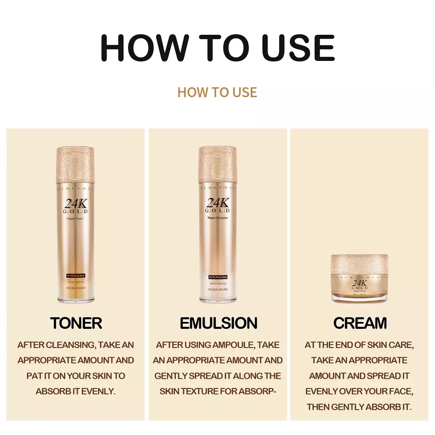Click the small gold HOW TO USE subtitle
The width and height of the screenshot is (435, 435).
[x=217, y=92]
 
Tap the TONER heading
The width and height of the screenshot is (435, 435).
[x=76, y=323]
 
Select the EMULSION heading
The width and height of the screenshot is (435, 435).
[x=218, y=323]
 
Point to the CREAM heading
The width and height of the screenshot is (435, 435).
[x=360, y=323]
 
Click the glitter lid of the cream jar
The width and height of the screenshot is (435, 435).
[x=359, y=262]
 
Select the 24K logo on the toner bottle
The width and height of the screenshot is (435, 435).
[x=75, y=203]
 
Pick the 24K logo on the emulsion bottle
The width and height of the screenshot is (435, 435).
[x=217, y=203]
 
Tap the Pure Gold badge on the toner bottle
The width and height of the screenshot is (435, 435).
[x=75, y=276]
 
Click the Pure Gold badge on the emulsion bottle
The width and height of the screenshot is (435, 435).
[x=217, y=277]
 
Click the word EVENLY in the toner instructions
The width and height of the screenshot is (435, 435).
[x=100, y=391]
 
